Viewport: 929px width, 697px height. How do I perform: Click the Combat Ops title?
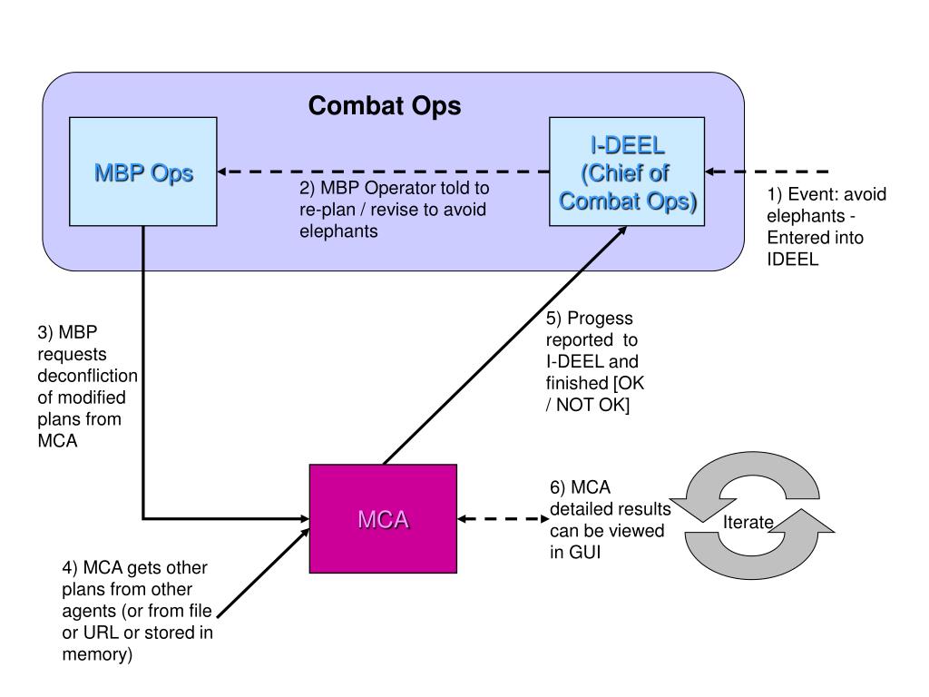(x=385, y=106)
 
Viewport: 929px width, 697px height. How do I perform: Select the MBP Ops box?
(x=143, y=172)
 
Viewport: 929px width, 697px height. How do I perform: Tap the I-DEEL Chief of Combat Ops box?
(x=627, y=172)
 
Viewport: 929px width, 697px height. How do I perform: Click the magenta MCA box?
(x=384, y=518)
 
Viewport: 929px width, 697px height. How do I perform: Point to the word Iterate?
(x=748, y=522)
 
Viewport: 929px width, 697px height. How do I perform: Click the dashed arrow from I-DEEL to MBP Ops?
(x=384, y=172)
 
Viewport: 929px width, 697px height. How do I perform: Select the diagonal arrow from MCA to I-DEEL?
(x=504, y=346)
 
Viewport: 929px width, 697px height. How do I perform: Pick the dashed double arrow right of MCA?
(x=504, y=519)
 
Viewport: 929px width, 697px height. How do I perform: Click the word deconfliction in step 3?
(x=88, y=376)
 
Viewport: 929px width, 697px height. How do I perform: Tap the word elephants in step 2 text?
(x=338, y=231)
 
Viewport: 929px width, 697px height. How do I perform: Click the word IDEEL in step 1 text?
(x=792, y=260)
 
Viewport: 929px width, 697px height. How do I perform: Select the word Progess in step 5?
(x=600, y=319)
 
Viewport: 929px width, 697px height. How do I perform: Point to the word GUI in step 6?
(x=584, y=553)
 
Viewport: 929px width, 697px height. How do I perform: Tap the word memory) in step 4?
(x=97, y=655)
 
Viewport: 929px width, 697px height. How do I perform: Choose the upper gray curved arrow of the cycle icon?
(x=745, y=485)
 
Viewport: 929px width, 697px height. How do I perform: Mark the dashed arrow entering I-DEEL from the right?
(x=767, y=172)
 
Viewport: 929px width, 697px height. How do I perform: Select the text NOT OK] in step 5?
(x=592, y=406)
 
